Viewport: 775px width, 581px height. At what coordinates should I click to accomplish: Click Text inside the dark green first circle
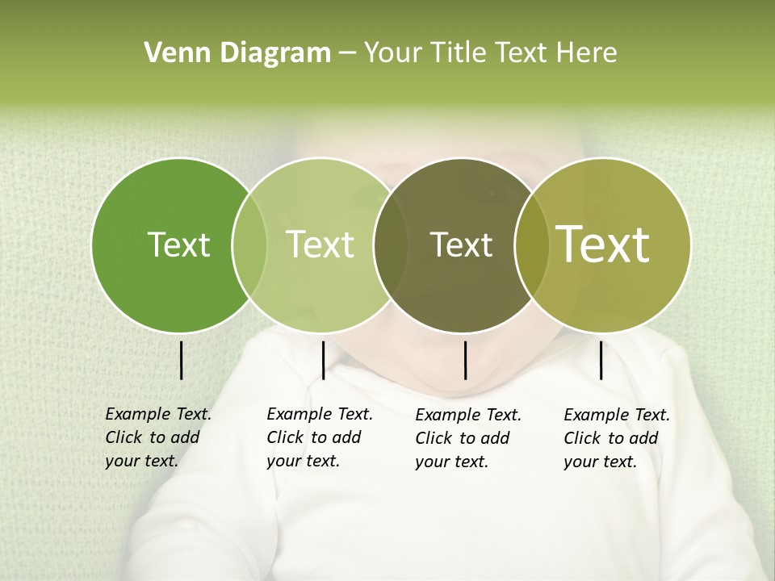point(178,245)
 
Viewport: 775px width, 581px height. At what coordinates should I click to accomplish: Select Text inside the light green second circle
point(320,245)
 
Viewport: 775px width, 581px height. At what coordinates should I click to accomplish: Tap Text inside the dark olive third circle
point(461,245)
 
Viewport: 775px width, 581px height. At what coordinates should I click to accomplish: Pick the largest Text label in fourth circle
point(603,245)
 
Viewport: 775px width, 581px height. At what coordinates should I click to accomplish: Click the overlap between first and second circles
point(249,245)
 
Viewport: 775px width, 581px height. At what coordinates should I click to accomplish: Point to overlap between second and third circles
point(391,245)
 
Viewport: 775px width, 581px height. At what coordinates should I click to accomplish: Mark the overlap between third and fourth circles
point(531,245)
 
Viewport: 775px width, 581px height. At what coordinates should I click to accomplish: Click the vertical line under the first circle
point(181,360)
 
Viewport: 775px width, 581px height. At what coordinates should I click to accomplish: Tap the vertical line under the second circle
point(323,360)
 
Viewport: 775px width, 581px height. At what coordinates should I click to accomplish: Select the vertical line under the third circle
point(465,360)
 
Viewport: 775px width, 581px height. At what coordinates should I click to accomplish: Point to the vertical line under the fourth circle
point(601,360)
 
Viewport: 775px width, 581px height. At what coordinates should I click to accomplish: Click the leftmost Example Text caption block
point(158,437)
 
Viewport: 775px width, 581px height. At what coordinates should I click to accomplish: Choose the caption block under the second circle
point(320,437)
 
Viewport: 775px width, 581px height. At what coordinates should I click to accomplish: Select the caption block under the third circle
point(468,438)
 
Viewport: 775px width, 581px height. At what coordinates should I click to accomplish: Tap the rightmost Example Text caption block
point(617,438)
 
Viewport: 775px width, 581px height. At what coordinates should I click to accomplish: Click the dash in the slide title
point(347,53)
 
